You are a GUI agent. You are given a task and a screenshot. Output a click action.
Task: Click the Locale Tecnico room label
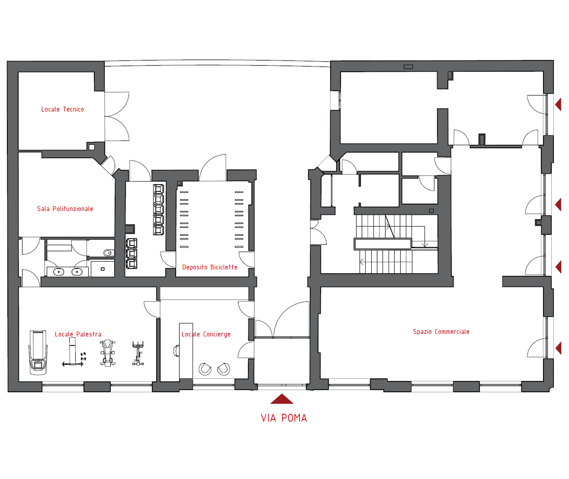pyautogui.click(x=62, y=109)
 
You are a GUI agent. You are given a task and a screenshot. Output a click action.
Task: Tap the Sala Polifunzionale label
pyautogui.click(x=65, y=209)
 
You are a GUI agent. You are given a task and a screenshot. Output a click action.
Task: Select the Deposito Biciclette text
pyautogui.click(x=210, y=267)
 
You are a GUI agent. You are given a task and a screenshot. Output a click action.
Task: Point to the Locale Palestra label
pyautogui.click(x=78, y=334)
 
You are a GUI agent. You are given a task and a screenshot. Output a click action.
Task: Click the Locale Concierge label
pyautogui.click(x=206, y=334)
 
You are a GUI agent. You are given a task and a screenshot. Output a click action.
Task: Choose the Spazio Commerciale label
pyautogui.click(x=441, y=332)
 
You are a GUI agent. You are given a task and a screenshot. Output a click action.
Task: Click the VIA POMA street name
pyautogui.click(x=284, y=418)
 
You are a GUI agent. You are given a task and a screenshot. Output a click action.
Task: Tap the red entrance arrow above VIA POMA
pyautogui.click(x=282, y=399)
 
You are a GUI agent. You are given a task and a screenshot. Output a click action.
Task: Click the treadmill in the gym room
pyautogui.click(x=38, y=352)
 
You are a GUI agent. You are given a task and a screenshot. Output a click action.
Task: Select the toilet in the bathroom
pyautogui.click(x=109, y=253)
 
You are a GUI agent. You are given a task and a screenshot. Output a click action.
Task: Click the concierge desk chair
pyautogui.click(x=177, y=351)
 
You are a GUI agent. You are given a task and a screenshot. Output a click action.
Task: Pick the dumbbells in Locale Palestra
pyautogui.click(x=84, y=356)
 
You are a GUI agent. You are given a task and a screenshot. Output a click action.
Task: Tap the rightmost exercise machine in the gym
pyautogui.click(x=138, y=353)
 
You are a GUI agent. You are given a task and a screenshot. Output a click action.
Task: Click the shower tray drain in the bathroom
pyautogui.click(x=103, y=269)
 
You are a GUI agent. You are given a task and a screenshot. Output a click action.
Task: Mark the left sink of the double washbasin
pyautogui.click(x=58, y=272)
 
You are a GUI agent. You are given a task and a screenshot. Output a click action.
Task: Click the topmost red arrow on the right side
pyautogui.click(x=558, y=104)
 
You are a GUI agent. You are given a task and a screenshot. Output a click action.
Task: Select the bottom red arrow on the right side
pyautogui.click(x=558, y=348)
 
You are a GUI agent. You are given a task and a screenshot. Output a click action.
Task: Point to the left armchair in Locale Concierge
pyautogui.click(x=205, y=369)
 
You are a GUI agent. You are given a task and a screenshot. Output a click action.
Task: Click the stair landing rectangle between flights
pyautogui.click(x=383, y=244)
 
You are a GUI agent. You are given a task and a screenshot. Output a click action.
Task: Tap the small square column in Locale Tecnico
pyautogui.click(x=92, y=147)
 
